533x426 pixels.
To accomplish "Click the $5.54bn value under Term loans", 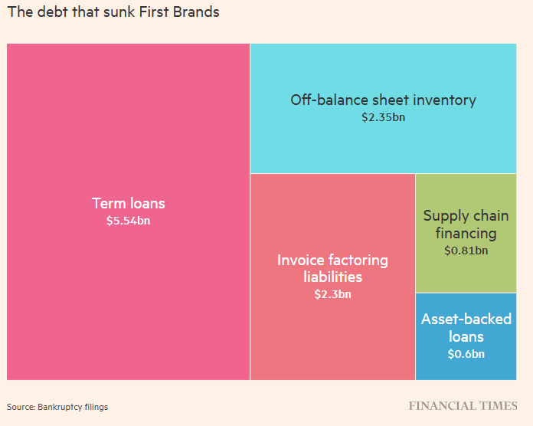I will (x=128, y=221).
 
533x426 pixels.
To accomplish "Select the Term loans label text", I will (x=128, y=204).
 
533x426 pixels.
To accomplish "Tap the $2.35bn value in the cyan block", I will (x=383, y=118).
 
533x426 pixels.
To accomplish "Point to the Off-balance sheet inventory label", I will (x=383, y=100).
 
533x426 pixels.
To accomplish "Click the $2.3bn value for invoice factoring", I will (x=332, y=293).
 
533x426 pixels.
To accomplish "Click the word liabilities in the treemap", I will (x=332, y=277).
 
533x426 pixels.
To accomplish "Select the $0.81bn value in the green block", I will (x=466, y=250).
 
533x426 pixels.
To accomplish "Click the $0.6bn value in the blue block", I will (x=466, y=354).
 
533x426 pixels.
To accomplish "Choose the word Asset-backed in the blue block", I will (x=466, y=319).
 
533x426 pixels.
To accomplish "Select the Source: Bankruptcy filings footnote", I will (x=57, y=407).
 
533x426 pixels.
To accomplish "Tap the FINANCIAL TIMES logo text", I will (x=463, y=405).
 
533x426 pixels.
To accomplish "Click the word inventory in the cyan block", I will (x=444, y=100).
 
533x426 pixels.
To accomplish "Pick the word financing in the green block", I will (x=466, y=233).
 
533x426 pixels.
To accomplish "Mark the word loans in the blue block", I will (x=466, y=336).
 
